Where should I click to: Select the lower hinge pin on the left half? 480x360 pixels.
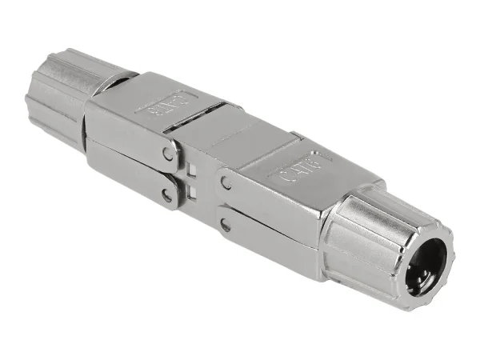tap(167, 194)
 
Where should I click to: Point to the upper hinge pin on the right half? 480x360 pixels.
tap(226, 183)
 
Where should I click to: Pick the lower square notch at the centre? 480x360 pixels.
tap(193, 192)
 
